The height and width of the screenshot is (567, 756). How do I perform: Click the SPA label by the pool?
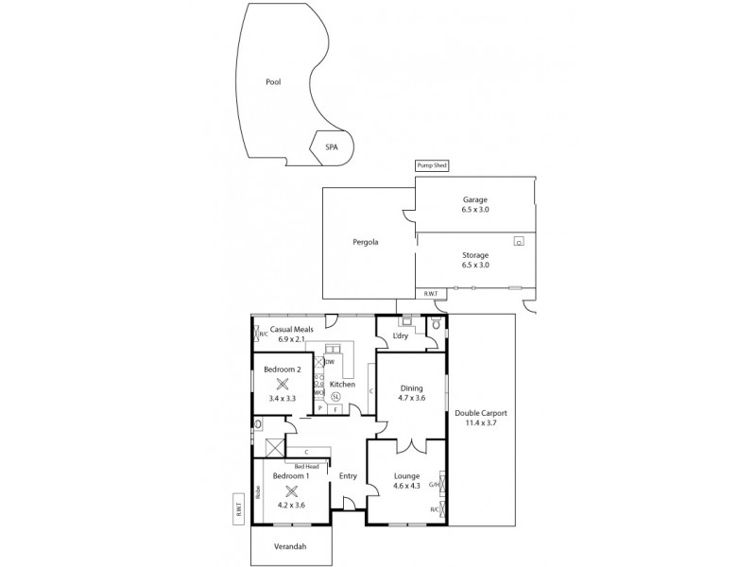pos(332,147)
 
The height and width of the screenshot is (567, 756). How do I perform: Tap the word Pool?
pos(273,82)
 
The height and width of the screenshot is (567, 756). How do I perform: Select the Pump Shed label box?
pos(431,165)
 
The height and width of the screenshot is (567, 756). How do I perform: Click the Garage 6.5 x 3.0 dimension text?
pos(475,210)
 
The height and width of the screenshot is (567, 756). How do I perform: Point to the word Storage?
pos(475,255)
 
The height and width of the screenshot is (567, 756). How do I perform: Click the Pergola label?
pos(366,242)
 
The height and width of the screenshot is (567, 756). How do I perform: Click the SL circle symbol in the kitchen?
pos(335,398)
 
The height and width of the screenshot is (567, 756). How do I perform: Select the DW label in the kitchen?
pos(329,360)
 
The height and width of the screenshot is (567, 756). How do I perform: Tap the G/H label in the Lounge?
pos(434,486)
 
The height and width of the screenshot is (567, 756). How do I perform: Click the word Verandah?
pos(291,545)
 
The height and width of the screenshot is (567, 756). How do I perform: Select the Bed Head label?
pos(304,467)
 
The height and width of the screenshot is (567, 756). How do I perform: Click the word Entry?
pos(348,475)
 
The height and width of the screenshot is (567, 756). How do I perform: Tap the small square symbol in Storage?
pos(519,241)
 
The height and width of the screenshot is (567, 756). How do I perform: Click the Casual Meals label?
pos(291,329)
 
